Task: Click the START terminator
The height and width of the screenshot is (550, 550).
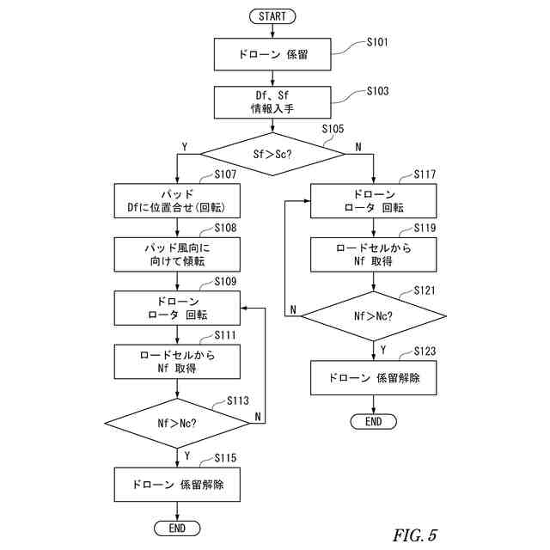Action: tap(272, 16)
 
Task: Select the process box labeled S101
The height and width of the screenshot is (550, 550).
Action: tap(272, 54)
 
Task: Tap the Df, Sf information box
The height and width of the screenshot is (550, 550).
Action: tap(272, 102)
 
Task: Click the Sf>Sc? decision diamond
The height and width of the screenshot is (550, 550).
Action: tap(272, 154)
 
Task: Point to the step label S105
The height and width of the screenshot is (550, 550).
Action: tap(333, 129)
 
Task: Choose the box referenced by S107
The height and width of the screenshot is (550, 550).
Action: tap(177, 201)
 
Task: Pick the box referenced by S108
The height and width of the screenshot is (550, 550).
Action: tap(177, 254)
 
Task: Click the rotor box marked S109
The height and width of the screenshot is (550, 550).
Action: tap(177, 308)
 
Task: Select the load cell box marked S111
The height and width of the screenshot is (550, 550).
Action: tap(177, 362)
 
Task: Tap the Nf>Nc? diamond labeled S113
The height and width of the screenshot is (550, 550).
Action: tap(177, 424)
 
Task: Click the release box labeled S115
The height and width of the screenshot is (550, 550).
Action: tap(177, 485)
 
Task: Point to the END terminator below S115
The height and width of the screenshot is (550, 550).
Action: tap(177, 529)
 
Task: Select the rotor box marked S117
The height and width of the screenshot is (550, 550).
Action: tap(374, 201)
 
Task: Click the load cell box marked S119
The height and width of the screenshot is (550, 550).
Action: tap(374, 254)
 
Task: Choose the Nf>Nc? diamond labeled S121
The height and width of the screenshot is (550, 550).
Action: tap(374, 316)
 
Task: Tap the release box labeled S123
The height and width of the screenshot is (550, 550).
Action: tap(374, 378)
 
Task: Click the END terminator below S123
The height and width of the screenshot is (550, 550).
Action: tap(374, 422)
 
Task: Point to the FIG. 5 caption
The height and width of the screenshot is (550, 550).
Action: tap(415, 535)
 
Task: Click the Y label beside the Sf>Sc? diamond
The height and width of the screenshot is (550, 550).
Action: tap(185, 147)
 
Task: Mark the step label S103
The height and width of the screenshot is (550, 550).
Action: tap(378, 91)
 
